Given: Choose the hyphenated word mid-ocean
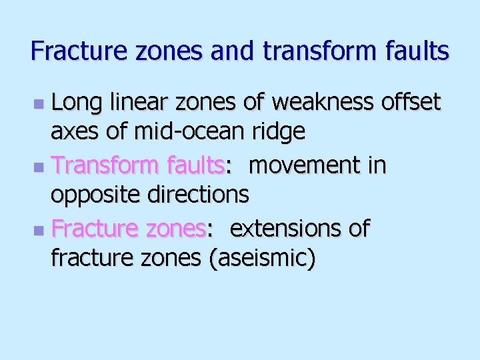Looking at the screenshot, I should click(x=193, y=132).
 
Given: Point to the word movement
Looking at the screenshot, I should click(x=306, y=165).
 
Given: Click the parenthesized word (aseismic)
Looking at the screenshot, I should click(x=263, y=259).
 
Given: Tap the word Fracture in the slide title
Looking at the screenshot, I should click(x=69, y=51).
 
